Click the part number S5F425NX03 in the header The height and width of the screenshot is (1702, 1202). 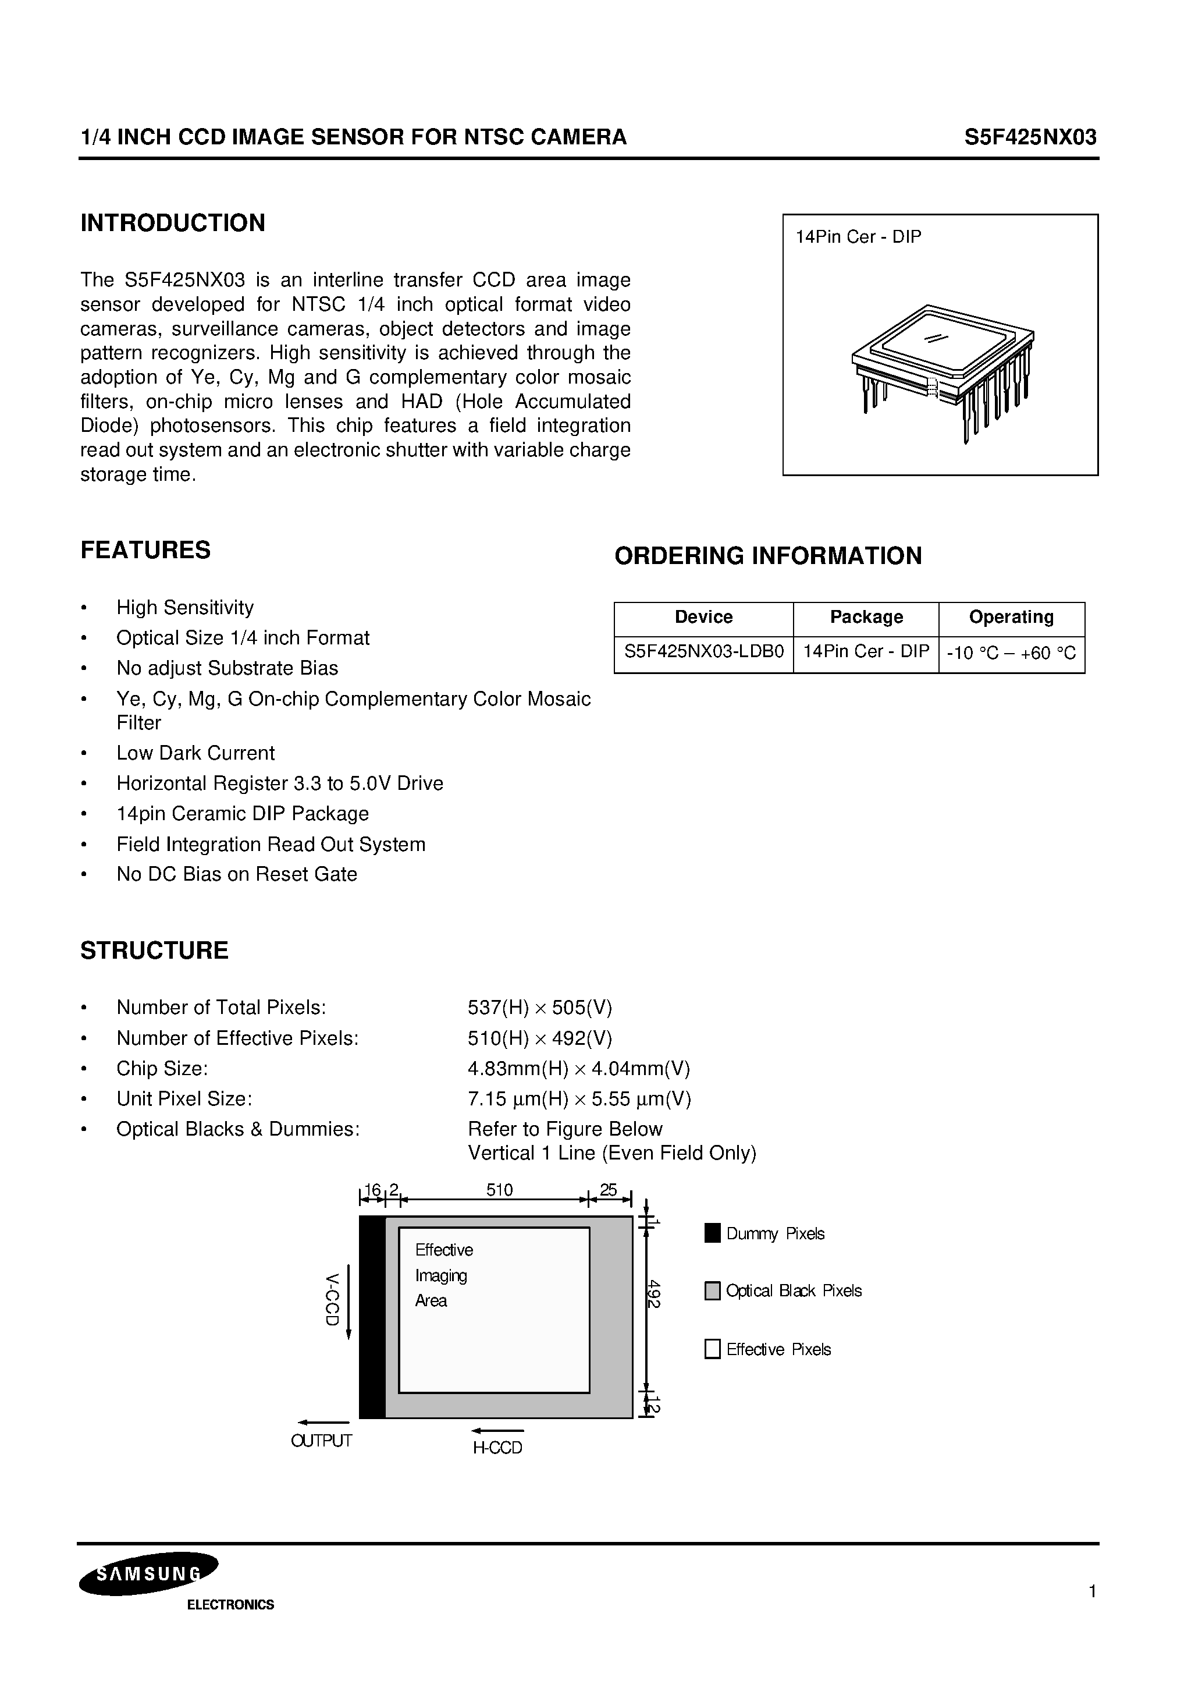1029,137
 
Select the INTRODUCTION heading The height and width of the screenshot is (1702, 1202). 173,223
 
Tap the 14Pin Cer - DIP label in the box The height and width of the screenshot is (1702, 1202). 858,237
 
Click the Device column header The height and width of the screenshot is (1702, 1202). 703,618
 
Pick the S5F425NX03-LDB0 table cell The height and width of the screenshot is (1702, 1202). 703,653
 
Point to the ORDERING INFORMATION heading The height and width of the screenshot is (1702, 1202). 768,556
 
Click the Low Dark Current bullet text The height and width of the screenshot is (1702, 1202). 195,753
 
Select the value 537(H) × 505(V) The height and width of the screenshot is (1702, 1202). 539,1008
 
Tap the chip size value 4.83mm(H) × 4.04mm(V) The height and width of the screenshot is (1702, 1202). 579,1068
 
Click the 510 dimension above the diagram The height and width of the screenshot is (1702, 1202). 499,1190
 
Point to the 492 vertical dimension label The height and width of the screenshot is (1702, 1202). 653,1293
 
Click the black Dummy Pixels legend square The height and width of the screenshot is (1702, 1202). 712,1233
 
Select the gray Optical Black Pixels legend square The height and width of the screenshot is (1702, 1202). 712,1290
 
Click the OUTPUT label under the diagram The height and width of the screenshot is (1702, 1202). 322,1440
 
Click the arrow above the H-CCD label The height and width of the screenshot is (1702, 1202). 497,1431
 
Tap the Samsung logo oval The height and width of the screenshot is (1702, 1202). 148,1574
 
